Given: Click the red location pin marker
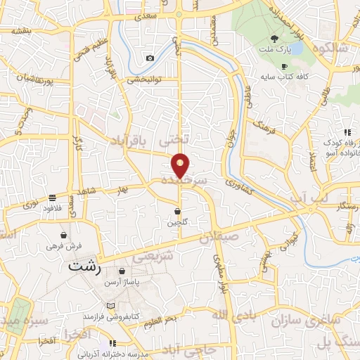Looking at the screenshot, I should pos(181,165).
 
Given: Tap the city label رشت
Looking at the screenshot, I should pos(85,268).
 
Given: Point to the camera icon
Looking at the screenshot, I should pos(149,58).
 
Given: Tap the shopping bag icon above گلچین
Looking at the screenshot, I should pos(178,211).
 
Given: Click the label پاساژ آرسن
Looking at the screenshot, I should pos(122,282).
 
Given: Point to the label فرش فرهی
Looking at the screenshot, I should pos(65,246).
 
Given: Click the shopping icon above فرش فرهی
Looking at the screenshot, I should pos(65,235).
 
